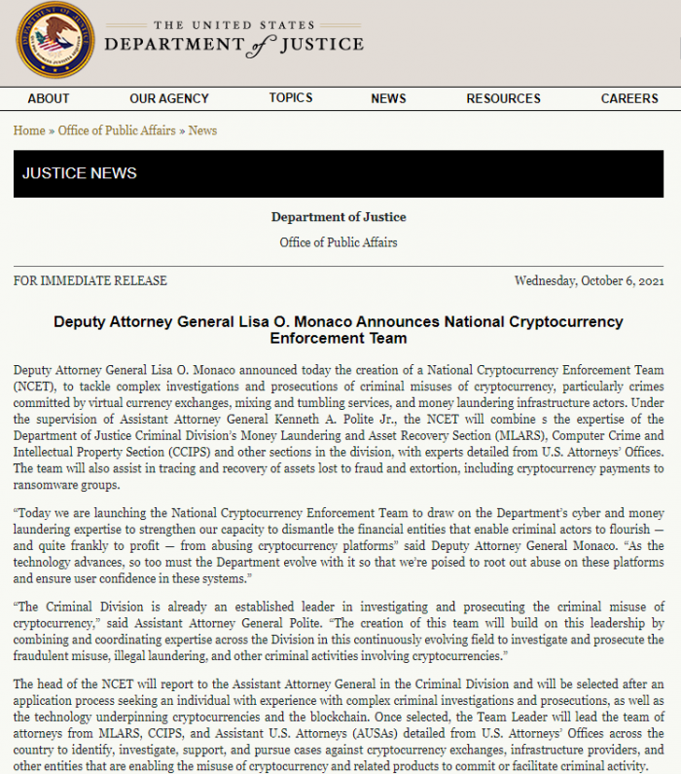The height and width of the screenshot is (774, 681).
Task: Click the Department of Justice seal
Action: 55,41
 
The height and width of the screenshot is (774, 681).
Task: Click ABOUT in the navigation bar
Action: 49,98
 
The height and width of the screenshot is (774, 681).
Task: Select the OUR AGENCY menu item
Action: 169,98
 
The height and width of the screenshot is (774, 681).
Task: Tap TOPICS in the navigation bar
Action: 291,97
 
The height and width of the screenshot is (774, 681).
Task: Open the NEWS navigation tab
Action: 388,98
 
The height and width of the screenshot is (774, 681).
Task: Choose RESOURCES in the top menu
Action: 503,98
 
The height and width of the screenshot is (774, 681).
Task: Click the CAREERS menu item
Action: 629,98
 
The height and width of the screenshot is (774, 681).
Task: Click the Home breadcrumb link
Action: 29,130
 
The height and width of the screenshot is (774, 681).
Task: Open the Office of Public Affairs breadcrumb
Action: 117,130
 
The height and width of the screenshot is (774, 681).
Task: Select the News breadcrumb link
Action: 202,130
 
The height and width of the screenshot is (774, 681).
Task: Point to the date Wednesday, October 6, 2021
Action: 589,280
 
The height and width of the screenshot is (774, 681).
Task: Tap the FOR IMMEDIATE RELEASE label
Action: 90,280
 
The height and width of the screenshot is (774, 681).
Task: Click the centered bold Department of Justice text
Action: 339,217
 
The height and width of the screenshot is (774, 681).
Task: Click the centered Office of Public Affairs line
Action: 339,241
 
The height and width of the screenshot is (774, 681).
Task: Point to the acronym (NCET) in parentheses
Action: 33,386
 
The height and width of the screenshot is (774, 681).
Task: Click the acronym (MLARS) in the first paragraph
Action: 496,436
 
